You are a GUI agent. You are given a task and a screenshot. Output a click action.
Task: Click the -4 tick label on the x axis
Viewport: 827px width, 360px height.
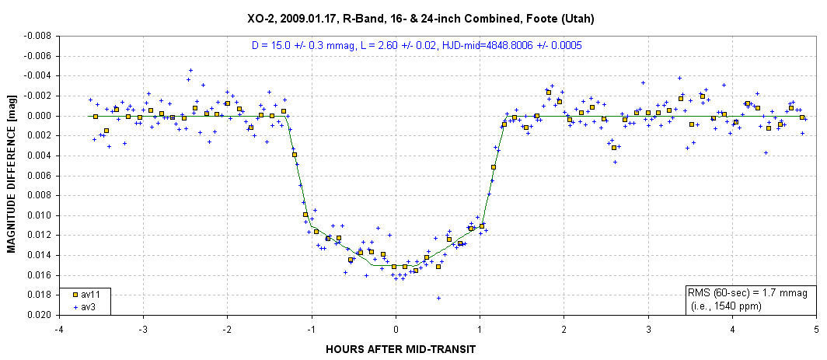click(x=58, y=329)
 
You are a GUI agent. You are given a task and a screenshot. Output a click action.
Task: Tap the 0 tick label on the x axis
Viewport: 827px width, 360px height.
click(x=396, y=329)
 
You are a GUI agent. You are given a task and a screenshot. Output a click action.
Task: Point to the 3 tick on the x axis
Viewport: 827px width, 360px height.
click(x=648, y=329)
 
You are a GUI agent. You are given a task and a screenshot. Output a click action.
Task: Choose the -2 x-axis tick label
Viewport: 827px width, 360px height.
click(x=227, y=329)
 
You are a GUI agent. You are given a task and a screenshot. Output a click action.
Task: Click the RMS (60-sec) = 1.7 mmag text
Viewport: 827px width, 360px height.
click(x=747, y=293)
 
